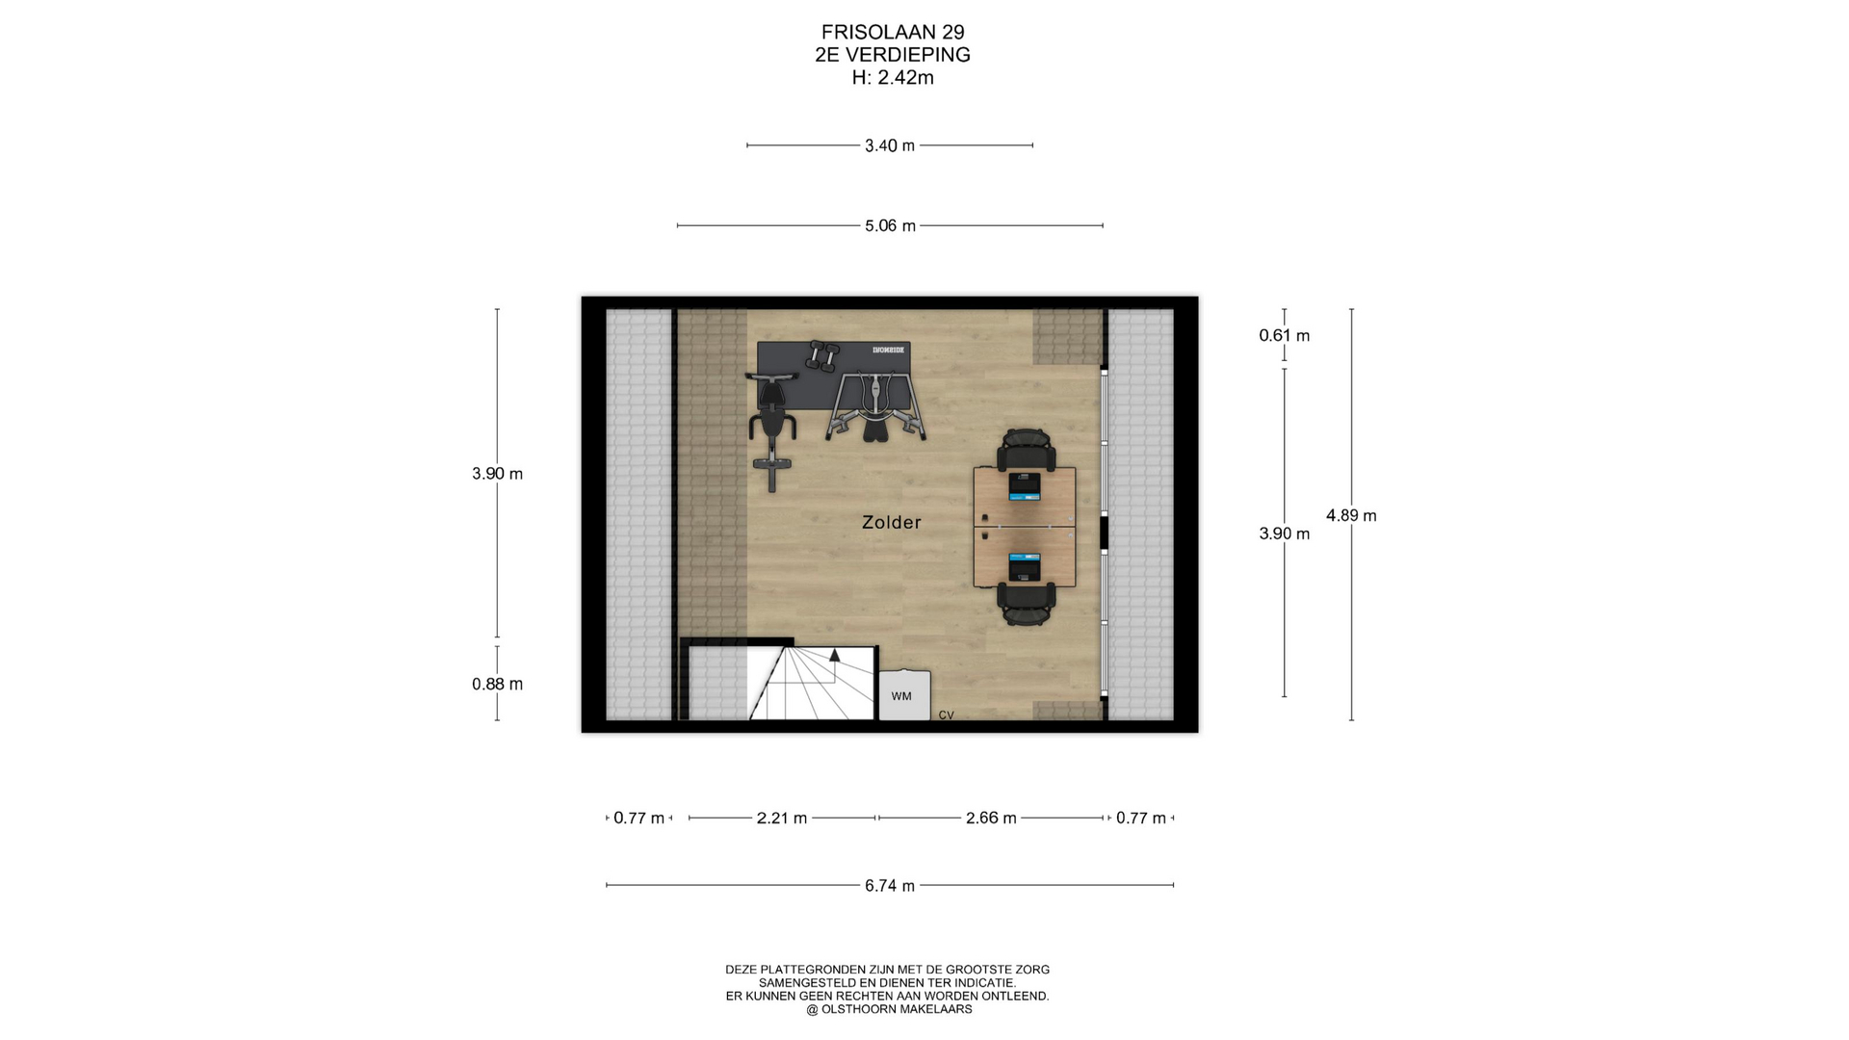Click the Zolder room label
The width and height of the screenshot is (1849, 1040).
click(x=891, y=522)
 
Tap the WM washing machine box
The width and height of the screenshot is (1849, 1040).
click(x=904, y=695)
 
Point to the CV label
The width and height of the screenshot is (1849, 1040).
click(x=946, y=715)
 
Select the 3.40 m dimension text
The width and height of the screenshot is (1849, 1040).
click(x=889, y=145)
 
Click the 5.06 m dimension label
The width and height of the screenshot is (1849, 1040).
click(x=890, y=225)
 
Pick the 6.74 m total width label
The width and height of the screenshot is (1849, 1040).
click(x=890, y=885)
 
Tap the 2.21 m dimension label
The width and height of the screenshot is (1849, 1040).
click(x=781, y=818)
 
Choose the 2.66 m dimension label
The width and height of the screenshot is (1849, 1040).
click(x=991, y=818)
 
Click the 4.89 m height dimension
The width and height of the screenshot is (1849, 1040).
click(x=1351, y=515)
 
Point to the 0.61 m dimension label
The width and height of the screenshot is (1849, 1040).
click(x=1284, y=335)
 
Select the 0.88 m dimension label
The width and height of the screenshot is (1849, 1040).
click(x=497, y=684)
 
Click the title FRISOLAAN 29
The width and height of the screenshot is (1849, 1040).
click(x=893, y=32)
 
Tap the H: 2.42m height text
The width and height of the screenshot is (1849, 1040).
click(x=893, y=78)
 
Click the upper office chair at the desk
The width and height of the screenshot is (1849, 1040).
click(x=1026, y=450)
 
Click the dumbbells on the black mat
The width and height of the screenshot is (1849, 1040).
click(x=822, y=356)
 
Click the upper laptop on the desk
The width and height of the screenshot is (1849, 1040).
click(x=1025, y=486)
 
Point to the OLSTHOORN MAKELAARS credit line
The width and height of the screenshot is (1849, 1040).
click(x=889, y=1009)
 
